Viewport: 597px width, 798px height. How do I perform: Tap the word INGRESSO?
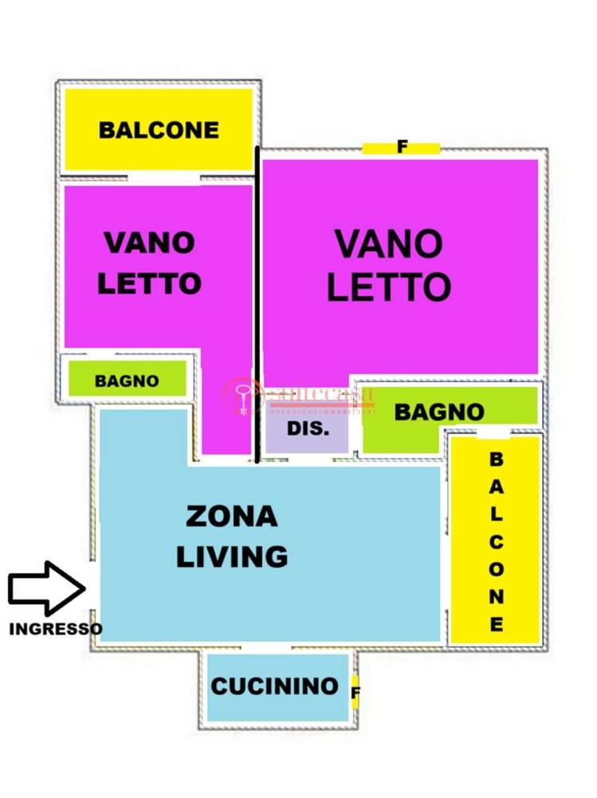tap(55, 629)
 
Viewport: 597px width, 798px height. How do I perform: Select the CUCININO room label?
tap(275, 685)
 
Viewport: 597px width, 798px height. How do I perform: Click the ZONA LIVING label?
tap(231, 535)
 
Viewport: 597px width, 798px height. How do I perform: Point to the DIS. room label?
tap(308, 429)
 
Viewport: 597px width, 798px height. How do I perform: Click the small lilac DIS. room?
tap(308, 436)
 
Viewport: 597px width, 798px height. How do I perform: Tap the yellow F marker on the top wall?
tap(402, 147)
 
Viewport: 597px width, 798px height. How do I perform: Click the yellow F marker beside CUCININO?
tap(355, 691)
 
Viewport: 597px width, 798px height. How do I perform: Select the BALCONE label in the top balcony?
tap(159, 130)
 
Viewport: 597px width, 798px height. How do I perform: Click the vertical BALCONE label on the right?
tap(496, 542)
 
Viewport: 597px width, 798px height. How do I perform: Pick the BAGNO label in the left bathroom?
tap(127, 381)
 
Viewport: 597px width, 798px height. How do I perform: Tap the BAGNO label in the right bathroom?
tap(439, 412)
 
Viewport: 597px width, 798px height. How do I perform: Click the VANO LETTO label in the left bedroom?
tap(149, 262)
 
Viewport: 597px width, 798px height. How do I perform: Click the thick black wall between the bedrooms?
tap(257, 303)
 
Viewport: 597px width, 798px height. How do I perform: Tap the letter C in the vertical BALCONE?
tap(496, 542)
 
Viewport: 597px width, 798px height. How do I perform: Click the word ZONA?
tap(231, 516)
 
